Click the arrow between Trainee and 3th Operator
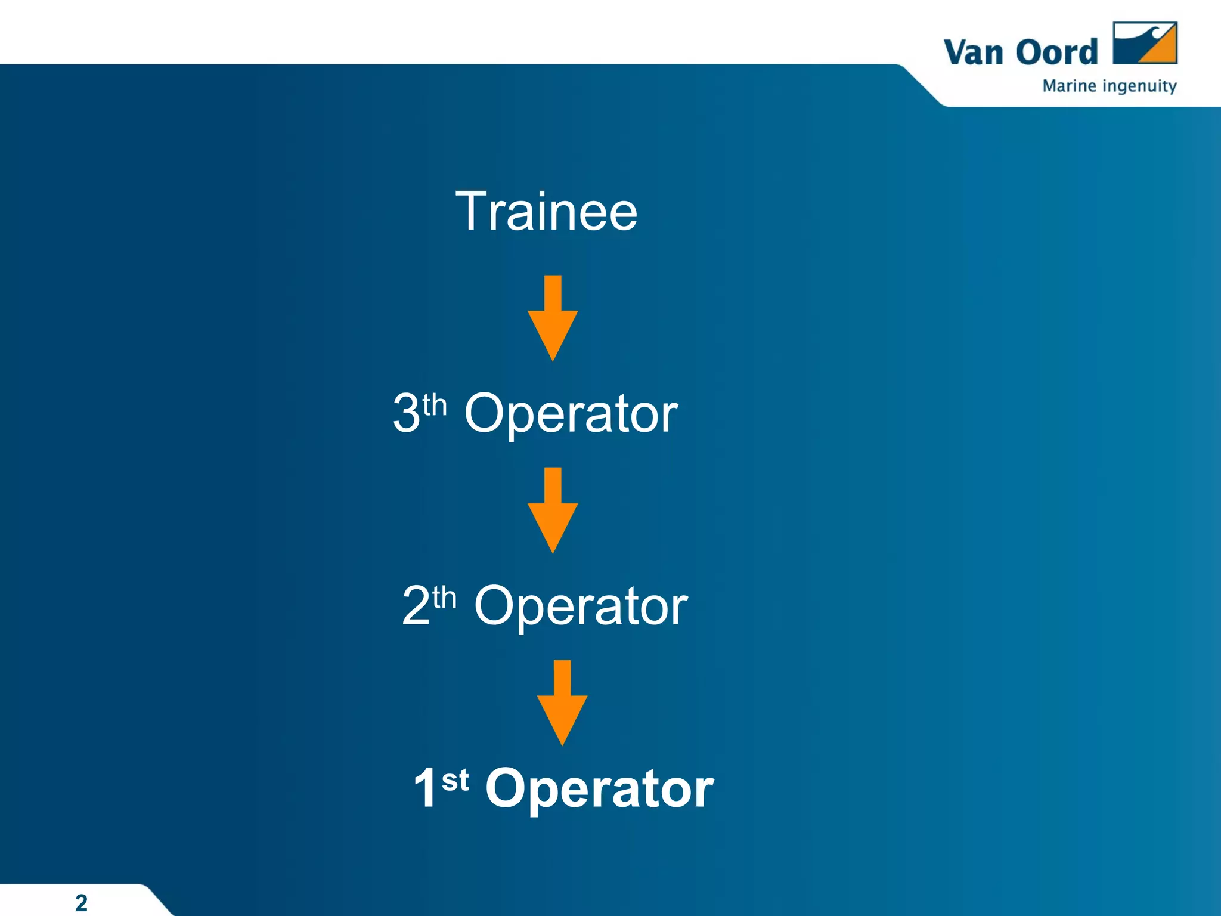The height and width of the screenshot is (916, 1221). tap(553, 319)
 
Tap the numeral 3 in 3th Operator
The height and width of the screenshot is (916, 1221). tap(407, 413)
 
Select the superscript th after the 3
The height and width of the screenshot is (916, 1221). tap(435, 406)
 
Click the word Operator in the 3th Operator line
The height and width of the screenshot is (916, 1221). tap(571, 414)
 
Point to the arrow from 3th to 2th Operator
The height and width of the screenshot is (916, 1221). tap(553, 511)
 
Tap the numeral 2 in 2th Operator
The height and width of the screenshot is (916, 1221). tap(416, 605)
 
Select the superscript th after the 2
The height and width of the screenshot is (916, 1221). tap(445, 598)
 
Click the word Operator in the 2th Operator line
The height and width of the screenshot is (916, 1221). tap(581, 607)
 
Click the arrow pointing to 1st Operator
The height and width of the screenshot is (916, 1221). tap(562, 704)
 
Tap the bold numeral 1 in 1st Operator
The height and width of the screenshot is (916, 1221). tap(426, 788)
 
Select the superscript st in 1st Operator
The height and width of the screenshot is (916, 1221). tap(455, 780)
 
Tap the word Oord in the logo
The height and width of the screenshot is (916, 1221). tap(1056, 52)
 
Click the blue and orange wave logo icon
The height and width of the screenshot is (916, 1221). tap(1145, 43)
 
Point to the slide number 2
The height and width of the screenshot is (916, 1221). tap(82, 902)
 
